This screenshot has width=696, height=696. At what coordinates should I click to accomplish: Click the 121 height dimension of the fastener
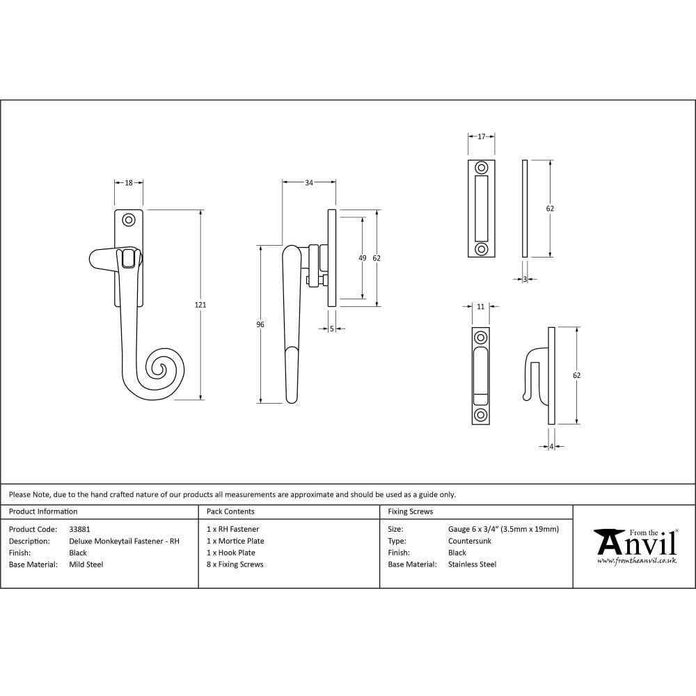(201, 305)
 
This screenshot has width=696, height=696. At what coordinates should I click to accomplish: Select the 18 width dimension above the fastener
(129, 183)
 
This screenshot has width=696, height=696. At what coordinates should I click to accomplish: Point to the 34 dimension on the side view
(309, 183)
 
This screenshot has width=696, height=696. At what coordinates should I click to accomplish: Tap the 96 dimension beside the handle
(260, 324)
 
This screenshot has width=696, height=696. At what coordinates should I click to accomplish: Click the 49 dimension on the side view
(362, 258)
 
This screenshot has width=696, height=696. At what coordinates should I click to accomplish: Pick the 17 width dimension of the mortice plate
(481, 137)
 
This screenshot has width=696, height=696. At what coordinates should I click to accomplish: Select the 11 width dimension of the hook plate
(480, 306)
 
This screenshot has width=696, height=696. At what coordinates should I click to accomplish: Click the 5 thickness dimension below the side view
(332, 329)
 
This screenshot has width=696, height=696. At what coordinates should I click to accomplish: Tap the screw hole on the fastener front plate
(128, 220)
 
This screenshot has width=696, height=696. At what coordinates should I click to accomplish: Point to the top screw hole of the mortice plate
(481, 168)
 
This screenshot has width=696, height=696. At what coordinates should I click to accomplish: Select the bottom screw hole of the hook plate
(480, 415)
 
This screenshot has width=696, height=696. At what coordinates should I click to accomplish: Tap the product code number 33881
(79, 529)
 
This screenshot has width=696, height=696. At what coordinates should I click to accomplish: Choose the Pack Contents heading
(230, 512)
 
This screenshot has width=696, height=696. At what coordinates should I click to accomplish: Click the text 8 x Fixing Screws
(235, 564)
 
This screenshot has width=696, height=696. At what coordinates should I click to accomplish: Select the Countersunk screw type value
(470, 541)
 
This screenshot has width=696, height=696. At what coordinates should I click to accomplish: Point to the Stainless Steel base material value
(472, 564)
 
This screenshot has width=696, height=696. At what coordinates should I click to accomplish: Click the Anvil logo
(635, 544)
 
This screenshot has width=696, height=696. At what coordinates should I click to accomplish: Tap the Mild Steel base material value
(86, 564)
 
